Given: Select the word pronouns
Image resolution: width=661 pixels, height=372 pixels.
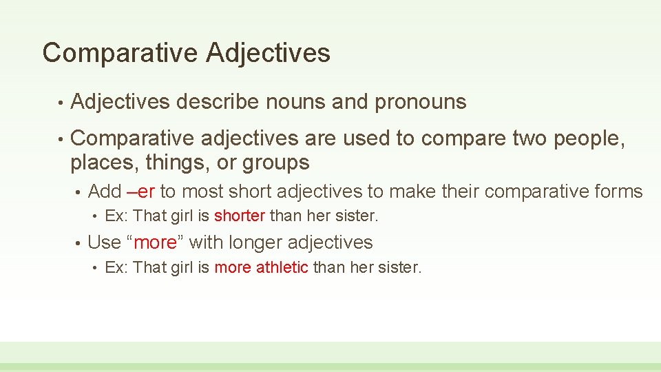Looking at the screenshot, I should click(420, 102).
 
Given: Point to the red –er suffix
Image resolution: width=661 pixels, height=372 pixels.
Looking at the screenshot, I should click(140, 191).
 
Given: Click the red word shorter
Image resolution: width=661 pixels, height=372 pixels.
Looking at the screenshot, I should click(239, 216).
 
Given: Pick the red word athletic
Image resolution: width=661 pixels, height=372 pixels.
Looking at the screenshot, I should click(282, 267).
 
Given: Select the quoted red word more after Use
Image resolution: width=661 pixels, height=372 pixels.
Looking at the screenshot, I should click(155, 242).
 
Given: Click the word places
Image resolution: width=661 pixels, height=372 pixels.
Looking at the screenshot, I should click(98, 163).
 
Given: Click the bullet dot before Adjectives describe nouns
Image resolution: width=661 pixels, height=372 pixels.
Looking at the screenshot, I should click(61, 103).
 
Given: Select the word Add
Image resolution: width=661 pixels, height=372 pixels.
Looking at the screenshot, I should click(105, 191).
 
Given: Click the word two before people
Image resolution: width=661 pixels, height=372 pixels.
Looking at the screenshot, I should click(527, 138).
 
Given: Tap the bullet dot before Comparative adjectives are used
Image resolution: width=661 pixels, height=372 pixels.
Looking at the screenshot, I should click(61, 140).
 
